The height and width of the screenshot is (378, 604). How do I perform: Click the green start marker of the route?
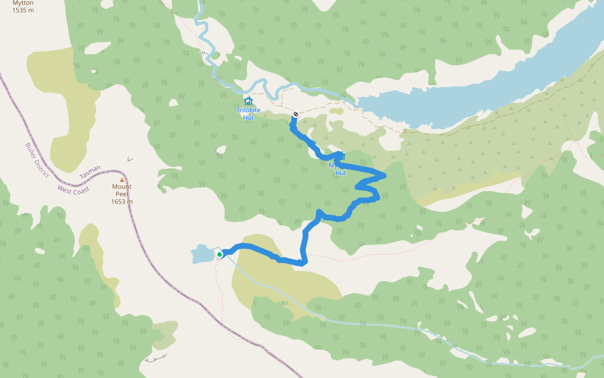pos(220,255)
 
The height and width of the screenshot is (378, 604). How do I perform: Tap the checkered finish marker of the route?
pos(295,114)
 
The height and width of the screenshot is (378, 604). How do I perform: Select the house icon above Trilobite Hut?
pos(248,101)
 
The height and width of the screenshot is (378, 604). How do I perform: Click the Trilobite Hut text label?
pos(248,113)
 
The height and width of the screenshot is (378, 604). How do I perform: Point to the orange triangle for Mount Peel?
pos(122,180)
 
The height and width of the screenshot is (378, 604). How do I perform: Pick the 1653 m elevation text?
pos(122,202)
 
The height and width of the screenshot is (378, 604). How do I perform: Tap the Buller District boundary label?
pos(37,160)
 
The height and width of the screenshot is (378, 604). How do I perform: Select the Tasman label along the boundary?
pos(90,171)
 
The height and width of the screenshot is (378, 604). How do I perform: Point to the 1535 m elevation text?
pos(23,10)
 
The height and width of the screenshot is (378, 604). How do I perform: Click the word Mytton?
pos(23,3)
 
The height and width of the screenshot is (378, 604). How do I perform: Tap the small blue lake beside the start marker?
pos(202,255)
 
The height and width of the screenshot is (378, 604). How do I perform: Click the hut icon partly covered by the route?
pos(342,156)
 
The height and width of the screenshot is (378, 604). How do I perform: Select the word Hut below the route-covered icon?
pos(341,173)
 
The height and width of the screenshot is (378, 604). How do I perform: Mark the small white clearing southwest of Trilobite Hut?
pos(220,151)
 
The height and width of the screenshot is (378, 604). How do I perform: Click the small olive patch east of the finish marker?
pos(336,112)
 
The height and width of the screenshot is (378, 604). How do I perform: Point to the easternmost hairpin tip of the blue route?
pos(384,174)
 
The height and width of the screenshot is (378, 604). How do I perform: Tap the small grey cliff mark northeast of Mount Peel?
pos(130,159)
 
